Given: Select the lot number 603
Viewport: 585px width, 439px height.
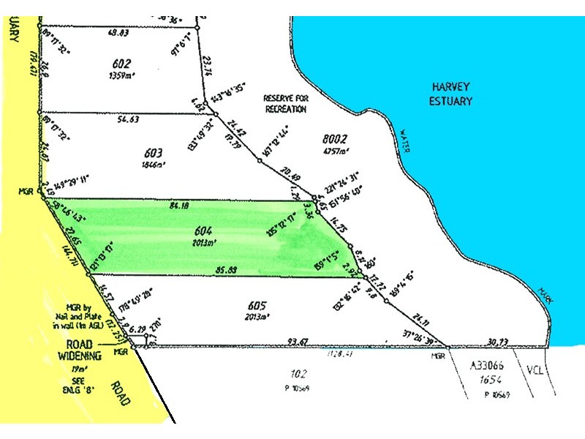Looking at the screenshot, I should [x=153, y=154].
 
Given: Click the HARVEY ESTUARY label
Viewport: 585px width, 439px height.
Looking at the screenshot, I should [x=450, y=94].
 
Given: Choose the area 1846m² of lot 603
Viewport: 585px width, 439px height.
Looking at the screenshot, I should [x=153, y=165].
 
